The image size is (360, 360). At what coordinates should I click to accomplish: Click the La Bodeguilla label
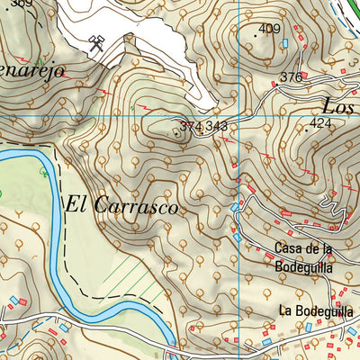pyautogui.click(x=316, y=310)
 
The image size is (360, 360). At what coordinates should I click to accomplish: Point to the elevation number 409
pyautogui.click(x=269, y=30)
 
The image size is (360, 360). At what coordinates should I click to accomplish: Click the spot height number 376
pyautogui.click(x=291, y=78)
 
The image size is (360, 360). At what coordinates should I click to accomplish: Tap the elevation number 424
pyautogui.click(x=320, y=122)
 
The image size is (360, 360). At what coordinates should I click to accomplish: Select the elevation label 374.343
pyautogui.click(x=203, y=127)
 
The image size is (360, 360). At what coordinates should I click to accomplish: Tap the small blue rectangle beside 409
pyautogui.click(x=286, y=42)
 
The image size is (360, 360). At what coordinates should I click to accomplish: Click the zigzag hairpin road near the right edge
pyautogui.click(x=334, y=209)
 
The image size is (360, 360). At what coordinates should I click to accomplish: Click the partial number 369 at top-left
pyautogui.click(x=22, y=4)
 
